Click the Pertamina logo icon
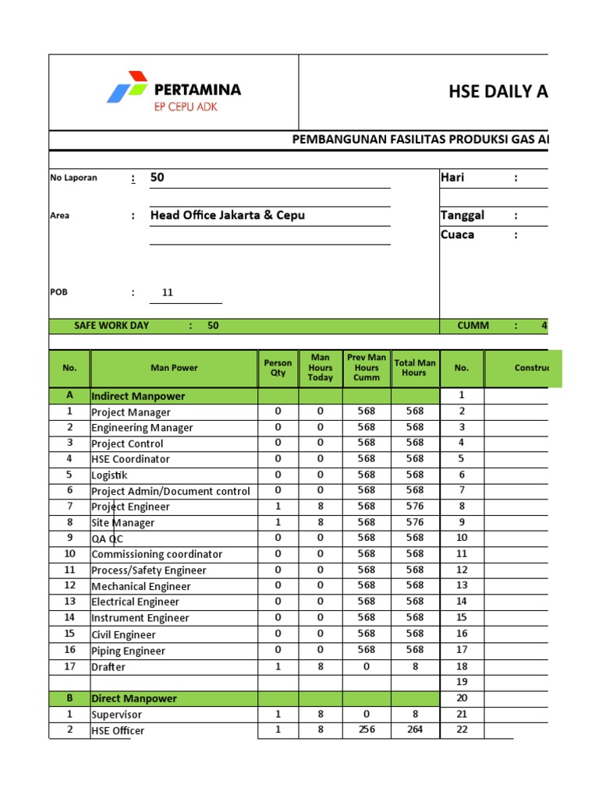pyautogui.click(x=127, y=87)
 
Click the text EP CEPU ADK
pyautogui.click(x=186, y=107)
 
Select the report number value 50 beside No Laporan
pyautogui.click(x=158, y=177)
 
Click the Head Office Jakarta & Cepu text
pyautogui.click(x=227, y=215)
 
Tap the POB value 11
pyautogui.click(x=168, y=293)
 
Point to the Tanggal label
pyautogui.click(x=463, y=215)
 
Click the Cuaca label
pyautogui.click(x=457, y=235)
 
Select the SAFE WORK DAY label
pyautogui.click(x=112, y=326)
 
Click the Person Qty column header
pyautogui.click(x=278, y=368)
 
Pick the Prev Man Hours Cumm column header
pyautogui.click(x=367, y=368)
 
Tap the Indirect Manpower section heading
pyautogui.click(x=138, y=396)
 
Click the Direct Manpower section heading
pyautogui.click(x=134, y=698)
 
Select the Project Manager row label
pyautogui.click(x=131, y=412)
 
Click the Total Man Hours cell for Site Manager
pyautogui.click(x=415, y=522)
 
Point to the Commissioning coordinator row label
pyautogui.click(x=157, y=554)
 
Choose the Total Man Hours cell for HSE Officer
pyautogui.click(x=415, y=730)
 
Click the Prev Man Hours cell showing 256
pyautogui.click(x=367, y=730)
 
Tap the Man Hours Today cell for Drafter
pyautogui.click(x=320, y=666)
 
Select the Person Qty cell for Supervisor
pyautogui.click(x=278, y=714)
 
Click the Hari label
pyautogui.click(x=452, y=177)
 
